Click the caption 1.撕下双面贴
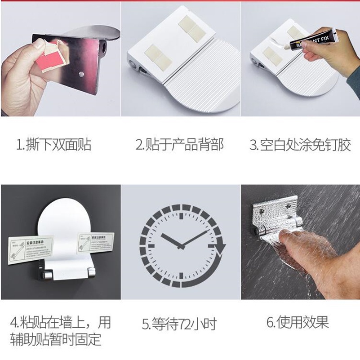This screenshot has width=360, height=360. pos(54,145)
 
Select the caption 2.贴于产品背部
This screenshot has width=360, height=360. pos(180,145)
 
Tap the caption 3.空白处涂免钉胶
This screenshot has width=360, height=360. pos(300,145)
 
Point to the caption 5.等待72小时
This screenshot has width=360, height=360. pos(179,323)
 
